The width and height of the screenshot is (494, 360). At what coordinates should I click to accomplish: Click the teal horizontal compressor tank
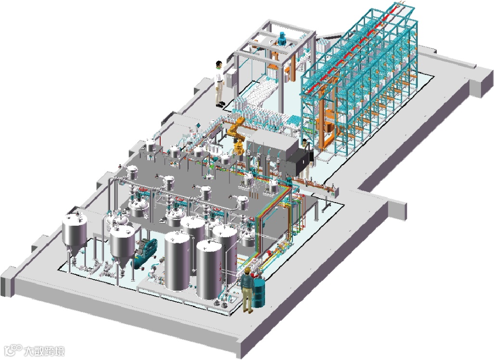(x=145, y=253)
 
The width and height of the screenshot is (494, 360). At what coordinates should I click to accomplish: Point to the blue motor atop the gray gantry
(x=281, y=38)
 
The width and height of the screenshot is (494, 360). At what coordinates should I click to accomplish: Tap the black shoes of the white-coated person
(x=220, y=104)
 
